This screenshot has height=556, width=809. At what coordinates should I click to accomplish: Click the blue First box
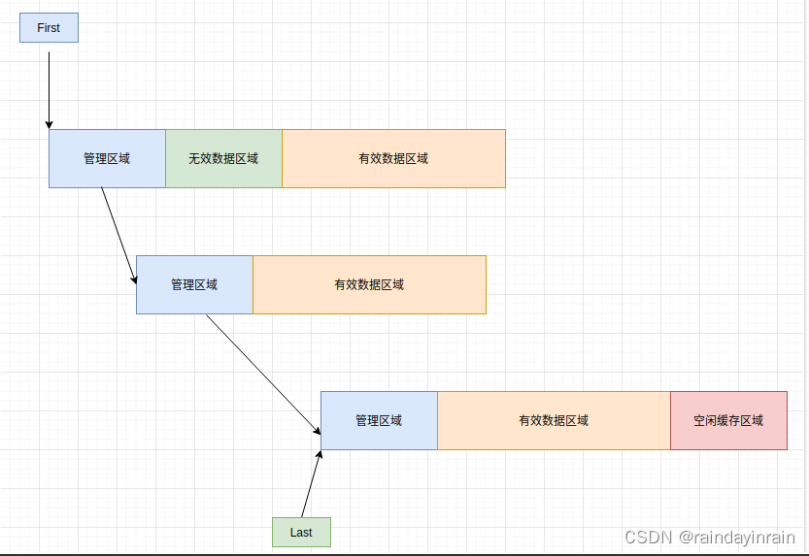pos(49,28)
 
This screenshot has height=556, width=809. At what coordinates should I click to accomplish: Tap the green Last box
pos(301,532)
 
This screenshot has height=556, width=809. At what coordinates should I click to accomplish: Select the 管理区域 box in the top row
pos(107,158)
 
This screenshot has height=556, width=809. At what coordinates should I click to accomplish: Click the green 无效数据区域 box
pos(223,158)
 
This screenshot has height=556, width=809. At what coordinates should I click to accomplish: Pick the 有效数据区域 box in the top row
pos(393,158)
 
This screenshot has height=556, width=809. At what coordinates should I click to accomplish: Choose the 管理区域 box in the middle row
pos(194,284)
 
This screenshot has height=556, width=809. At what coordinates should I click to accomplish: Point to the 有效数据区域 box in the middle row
pos(369,284)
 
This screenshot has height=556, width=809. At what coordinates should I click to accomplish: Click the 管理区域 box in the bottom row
pos(379,420)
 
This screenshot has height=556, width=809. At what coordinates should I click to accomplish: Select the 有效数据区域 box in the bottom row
pos(554,420)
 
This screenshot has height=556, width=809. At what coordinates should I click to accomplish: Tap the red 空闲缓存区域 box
pos(728,420)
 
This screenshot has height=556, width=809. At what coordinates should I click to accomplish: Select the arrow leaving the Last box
pos(311,483)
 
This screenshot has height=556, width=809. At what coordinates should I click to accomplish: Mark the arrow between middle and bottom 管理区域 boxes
pos(263,374)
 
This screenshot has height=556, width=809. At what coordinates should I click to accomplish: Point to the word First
pos(49,28)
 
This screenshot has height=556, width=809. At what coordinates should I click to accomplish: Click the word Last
pos(301,532)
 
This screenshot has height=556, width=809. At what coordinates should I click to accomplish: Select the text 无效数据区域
pos(223,158)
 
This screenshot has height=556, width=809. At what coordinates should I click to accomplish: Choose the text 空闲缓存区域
pos(728,420)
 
